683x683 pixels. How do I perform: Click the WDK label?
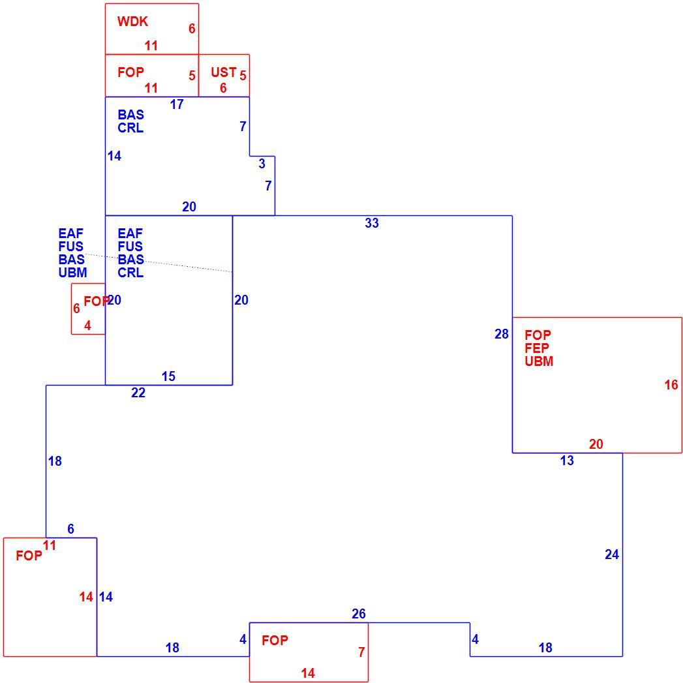point(132,22)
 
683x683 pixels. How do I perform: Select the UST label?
point(224,72)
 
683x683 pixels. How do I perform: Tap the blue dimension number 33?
point(372,223)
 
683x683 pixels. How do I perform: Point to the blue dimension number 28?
point(502,334)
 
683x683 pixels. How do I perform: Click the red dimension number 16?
point(671,385)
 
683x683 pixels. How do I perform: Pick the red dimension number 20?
point(596,444)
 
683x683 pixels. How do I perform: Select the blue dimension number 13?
point(567,461)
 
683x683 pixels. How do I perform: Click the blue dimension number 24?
point(611,554)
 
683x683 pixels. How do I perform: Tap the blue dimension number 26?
point(359,614)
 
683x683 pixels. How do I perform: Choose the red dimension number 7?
point(361,652)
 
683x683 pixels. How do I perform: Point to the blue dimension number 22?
point(138,393)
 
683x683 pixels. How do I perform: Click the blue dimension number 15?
point(168,376)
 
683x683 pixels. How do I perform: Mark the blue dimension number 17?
point(176,104)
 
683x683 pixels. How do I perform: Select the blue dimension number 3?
point(262,164)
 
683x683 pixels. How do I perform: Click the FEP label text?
point(537,348)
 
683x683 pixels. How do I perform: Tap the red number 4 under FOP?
point(87,326)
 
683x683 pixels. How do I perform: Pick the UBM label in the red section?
point(539,361)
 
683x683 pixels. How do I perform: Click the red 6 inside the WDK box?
point(192,29)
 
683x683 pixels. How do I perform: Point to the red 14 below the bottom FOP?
point(307,673)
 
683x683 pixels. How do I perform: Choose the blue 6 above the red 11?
point(70,529)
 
